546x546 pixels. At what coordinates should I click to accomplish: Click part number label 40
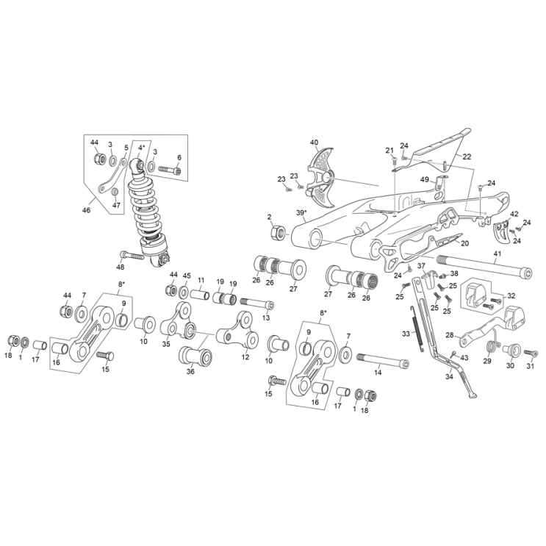tap(314, 143)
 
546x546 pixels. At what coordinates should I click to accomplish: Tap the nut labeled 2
tap(278, 232)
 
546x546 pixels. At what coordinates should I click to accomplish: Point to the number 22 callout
tap(467, 157)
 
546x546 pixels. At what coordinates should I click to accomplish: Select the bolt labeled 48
tap(132, 255)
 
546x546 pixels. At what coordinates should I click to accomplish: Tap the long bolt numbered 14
tap(382, 359)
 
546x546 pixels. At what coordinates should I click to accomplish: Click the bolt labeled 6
tap(170, 170)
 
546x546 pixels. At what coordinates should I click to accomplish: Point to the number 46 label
tap(86, 210)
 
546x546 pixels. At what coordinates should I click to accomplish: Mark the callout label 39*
tap(301, 212)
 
